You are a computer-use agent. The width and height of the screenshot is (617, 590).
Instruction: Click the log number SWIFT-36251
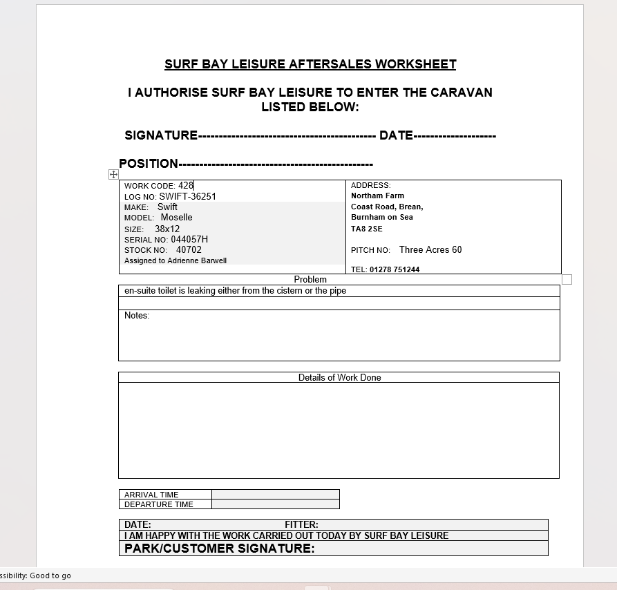click(x=187, y=196)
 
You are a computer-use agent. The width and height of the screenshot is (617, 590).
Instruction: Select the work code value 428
click(x=186, y=185)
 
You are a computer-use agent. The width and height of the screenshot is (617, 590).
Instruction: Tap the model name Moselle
click(x=176, y=217)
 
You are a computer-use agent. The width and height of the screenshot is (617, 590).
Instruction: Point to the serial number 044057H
click(x=189, y=239)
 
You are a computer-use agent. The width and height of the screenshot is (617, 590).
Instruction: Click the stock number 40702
click(x=189, y=250)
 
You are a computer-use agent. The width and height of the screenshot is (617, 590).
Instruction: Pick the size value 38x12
click(x=167, y=229)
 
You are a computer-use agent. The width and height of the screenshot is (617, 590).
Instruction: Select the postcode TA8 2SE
click(x=366, y=229)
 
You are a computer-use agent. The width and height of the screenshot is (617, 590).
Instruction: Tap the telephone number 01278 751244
click(x=395, y=269)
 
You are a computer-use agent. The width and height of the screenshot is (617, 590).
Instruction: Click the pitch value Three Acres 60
click(x=430, y=249)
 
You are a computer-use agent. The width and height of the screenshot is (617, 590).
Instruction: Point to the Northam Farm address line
click(x=377, y=196)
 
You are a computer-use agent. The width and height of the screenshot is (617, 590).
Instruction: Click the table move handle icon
click(x=114, y=175)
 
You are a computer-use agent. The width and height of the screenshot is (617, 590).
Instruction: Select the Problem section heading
click(x=310, y=279)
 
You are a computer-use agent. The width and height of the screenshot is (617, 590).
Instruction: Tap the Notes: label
click(x=137, y=316)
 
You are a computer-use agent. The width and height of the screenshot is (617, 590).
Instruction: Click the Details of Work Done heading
click(x=339, y=377)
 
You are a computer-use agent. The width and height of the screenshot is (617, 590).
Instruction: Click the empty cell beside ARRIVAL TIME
click(x=275, y=494)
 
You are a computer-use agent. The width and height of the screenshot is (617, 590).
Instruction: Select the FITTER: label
click(x=301, y=524)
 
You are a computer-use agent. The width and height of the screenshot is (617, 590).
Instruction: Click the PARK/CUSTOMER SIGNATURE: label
click(x=219, y=549)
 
